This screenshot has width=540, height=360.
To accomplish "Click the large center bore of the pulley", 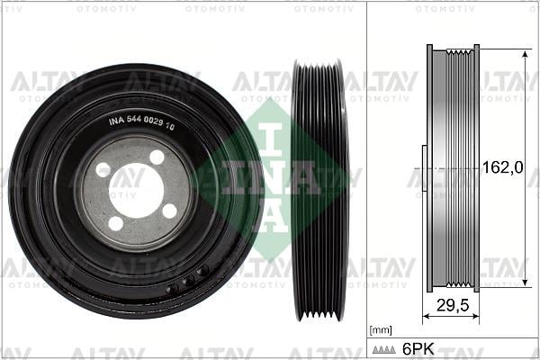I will point(136,191).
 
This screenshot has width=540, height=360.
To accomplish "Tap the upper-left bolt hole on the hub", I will point(103,170).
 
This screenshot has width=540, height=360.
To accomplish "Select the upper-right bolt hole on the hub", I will point(157,157).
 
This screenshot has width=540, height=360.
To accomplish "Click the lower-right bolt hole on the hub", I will point(169,211).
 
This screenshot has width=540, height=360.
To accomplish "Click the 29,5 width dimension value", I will point(452,306).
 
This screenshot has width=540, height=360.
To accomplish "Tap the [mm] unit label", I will point(382,330).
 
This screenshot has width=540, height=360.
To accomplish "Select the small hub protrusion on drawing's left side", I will point(424,167).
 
